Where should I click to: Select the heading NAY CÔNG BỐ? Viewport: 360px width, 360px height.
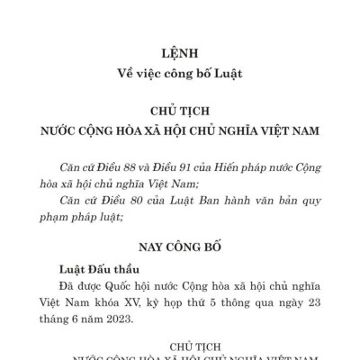(x=180, y=245)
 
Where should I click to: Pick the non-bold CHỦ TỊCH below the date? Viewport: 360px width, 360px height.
(x=180, y=344)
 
